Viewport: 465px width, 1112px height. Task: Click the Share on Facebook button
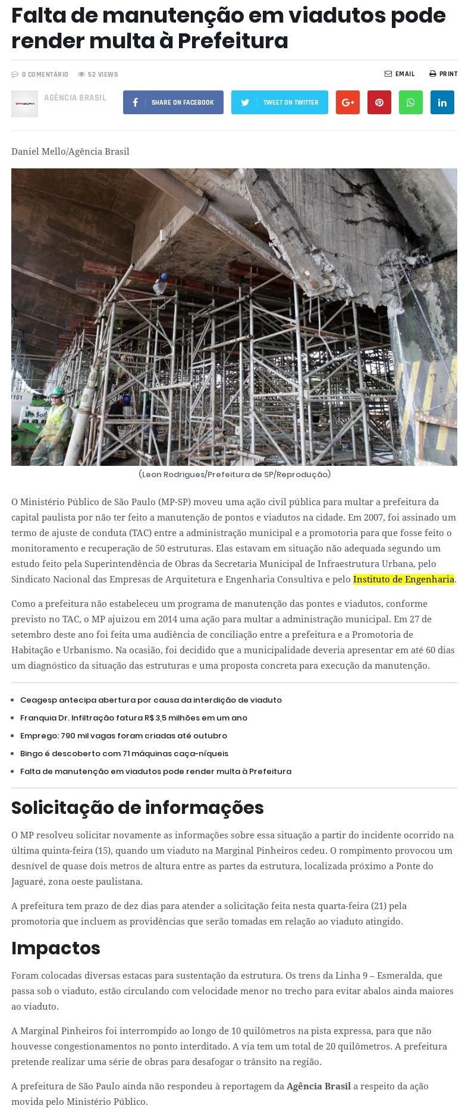pos(173,102)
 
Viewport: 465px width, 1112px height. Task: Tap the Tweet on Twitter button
pos(279,102)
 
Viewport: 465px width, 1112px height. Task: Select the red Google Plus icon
pos(348,102)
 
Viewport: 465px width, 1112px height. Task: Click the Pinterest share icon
pos(379,102)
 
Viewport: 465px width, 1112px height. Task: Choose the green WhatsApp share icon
pos(410,102)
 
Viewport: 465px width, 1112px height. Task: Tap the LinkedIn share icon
pos(442,102)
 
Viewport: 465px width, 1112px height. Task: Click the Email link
pos(400,74)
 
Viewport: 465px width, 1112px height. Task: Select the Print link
pos(444,74)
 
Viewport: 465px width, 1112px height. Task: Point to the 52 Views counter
pos(98,74)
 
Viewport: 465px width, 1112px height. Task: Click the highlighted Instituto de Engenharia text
pos(404,579)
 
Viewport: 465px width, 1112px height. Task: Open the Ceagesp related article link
pos(151,700)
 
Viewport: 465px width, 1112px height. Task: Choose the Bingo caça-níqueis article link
pos(124,753)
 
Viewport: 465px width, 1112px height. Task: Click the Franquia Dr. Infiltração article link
pos(134,718)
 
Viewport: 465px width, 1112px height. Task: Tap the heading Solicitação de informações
pos(137,807)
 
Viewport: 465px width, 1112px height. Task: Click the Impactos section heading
pos(56,948)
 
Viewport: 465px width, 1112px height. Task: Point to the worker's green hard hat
pos(58,391)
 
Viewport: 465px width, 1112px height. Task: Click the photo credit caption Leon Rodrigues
pos(234,474)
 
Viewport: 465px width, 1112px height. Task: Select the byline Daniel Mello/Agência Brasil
pos(70,151)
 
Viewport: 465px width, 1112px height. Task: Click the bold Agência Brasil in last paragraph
pos(319,1086)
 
